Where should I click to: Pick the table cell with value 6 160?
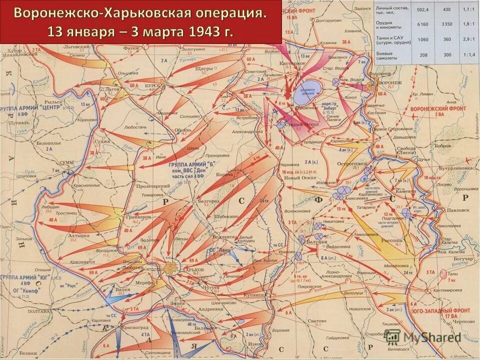[423, 23]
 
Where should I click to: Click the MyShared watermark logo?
[422, 336]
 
